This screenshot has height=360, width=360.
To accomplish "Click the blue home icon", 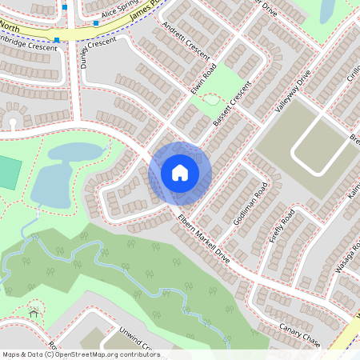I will (x=180, y=172).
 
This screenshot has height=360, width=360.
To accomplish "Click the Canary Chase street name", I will (x=300, y=335).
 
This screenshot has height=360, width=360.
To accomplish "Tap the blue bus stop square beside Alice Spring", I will (x=96, y=23).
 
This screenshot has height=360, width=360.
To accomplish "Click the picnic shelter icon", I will (x=34, y=313).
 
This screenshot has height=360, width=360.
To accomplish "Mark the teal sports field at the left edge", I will (x=7, y=173).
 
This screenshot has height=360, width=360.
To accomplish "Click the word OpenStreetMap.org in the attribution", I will (x=88, y=354).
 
